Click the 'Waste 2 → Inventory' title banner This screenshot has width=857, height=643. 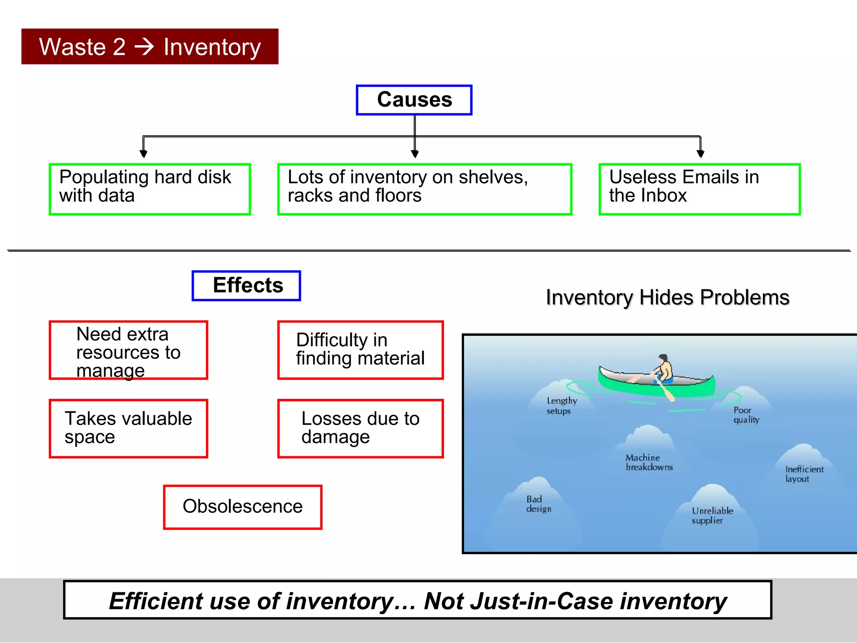pyautogui.click(x=150, y=46)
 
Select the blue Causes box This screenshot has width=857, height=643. pyautogui.click(x=414, y=100)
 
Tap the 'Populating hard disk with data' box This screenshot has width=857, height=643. pyautogui.click(x=150, y=189)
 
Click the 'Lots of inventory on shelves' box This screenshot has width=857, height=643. pyautogui.click(x=424, y=189)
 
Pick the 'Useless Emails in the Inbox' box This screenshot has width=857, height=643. pyautogui.click(x=699, y=189)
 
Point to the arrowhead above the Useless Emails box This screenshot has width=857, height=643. pyautogui.click(x=700, y=154)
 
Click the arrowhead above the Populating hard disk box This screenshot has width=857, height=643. pyautogui.click(x=144, y=154)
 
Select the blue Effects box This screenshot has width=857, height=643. pyautogui.click(x=246, y=285)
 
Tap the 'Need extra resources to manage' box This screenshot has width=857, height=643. pyautogui.click(x=128, y=350)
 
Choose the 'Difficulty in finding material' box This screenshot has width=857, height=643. pyautogui.click(x=360, y=350)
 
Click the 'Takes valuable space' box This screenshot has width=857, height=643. pyautogui.click(x=128, y=428)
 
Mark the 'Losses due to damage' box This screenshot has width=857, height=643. pyautogui.click(x=360, y=428)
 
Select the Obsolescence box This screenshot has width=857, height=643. pyautogui.click(x=243, y=507)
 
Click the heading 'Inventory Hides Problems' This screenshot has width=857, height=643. pyautogui.click(x=667, y=298)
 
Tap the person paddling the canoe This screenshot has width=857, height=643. pyautogui.click(x=663, y=368)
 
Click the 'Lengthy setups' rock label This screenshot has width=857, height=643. pyautogui.click(x=561, y=406)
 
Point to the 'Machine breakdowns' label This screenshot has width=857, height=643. pyautogui.click(x=649, y=462)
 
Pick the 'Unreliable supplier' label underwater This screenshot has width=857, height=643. pyautogui.click(x=712, y=515)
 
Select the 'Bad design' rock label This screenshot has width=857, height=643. pyautogui.click(x=538, y=504)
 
